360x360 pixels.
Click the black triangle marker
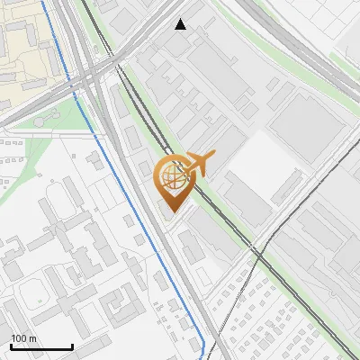tap(181, 24)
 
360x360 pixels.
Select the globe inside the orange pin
tap(172, 177)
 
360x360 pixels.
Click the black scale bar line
tap(41, 346)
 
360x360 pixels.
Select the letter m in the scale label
tap(32, 338)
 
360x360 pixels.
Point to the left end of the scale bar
tap(12, 346)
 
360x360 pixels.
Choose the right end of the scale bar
tap(72, 346)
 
